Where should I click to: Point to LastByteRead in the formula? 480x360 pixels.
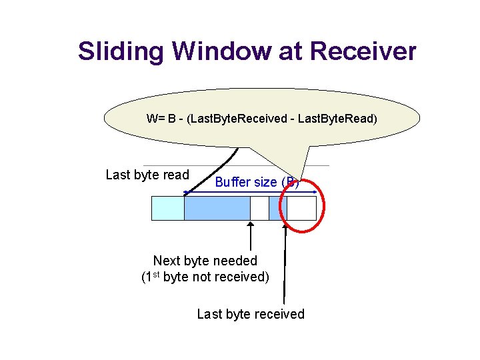(337, 119)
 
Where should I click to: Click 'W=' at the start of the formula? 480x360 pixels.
(155, 119)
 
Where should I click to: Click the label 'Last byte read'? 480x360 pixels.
(147, 175)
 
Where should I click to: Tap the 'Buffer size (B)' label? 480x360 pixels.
(256, 182)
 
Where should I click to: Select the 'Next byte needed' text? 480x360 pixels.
(205, 261)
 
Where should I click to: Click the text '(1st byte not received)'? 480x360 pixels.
(205, 277)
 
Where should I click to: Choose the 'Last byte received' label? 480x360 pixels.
(250, 314)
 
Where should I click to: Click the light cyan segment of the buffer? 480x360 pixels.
(167, 209)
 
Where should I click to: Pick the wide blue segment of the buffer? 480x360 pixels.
(217, 209)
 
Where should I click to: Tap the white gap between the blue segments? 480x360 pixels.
(259, 209)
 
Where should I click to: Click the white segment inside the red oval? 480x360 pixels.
(301, 209)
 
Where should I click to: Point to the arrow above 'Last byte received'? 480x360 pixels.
(285, 267)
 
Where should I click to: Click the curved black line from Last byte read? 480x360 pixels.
(227, 164)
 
